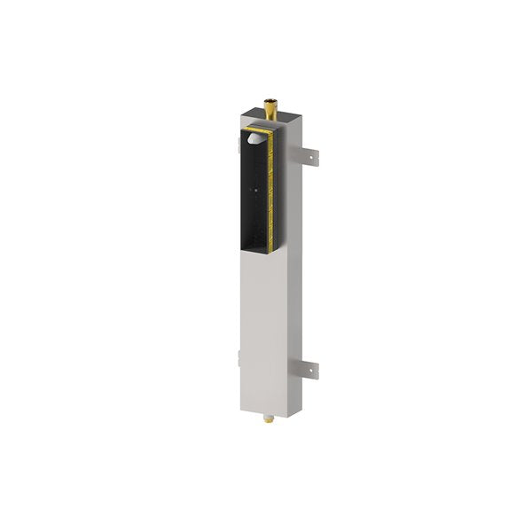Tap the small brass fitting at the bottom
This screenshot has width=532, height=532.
[268, 414]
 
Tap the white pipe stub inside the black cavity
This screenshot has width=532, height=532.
[254, 138]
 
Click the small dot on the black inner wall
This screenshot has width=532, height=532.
[256, 189]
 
